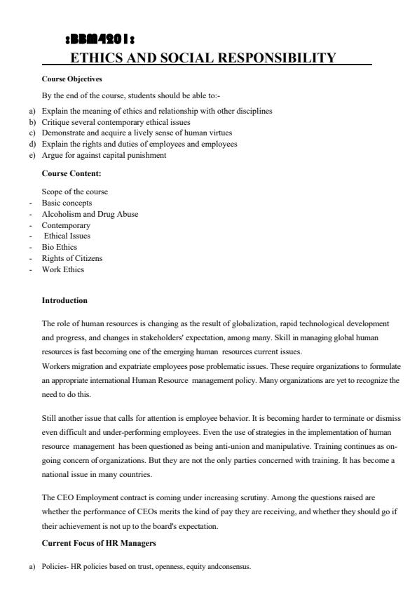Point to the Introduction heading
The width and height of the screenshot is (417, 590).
click(64, 300)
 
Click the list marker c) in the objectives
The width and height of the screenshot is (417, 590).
click(32, 133)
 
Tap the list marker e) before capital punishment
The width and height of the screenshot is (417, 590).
click(32, 155)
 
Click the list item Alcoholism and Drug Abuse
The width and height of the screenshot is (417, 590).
click(90, 214)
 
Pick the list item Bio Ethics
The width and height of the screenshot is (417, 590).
click(60, 247)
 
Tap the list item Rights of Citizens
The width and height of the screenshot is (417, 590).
click(71, 258)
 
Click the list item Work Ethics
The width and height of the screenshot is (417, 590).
click(62, 269)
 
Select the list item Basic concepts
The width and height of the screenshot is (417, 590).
click(67, 203)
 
